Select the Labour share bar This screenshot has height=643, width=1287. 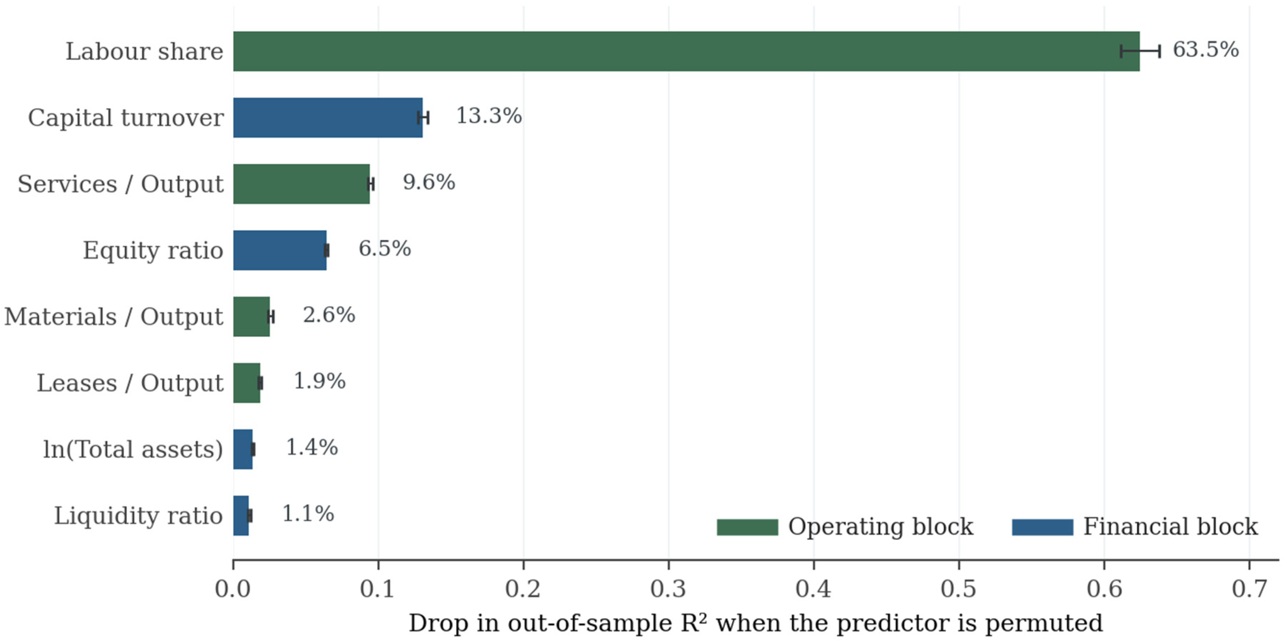687,51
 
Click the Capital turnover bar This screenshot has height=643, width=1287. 328,118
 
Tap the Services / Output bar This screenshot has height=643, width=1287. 301,184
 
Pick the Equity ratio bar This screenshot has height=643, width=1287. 280,250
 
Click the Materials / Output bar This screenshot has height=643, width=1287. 251,317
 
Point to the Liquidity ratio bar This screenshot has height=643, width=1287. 241,516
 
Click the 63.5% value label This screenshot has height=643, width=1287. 1205,50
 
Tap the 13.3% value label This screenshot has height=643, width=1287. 489,116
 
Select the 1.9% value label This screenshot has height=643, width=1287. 319,381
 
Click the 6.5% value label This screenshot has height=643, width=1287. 385,249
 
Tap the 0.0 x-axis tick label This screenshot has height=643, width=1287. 233,589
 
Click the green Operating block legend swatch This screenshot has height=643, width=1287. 748,527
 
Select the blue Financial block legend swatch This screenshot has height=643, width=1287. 1043,527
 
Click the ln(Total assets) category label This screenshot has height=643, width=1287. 133,449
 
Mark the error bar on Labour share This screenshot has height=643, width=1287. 1140,51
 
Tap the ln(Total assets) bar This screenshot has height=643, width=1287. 243,449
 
